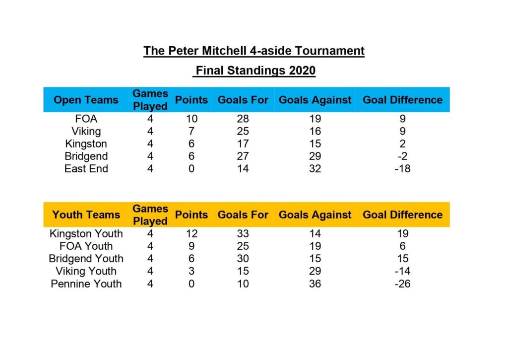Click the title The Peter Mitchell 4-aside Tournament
pos(254,51)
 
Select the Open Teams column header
pos(86,100)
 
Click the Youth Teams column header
pos(86,215)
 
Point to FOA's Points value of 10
pos(191,119)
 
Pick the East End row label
pos(86,169)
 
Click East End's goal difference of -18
pos(402,169)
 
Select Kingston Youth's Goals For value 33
pos(243,233)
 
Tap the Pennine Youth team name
pos(86,284)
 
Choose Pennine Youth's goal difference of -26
pos(402,284)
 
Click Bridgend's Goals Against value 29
pos(315,156)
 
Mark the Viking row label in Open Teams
pos(86,132)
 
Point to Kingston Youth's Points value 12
pos(191,233)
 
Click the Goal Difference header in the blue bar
pos(402,100)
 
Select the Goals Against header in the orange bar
pos(315,215)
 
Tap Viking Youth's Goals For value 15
pos(243,271)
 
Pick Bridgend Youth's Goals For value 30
pos(243,259)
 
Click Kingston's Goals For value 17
pos(243,144)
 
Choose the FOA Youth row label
pos(86,246)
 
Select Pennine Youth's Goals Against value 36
pos(315,284)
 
